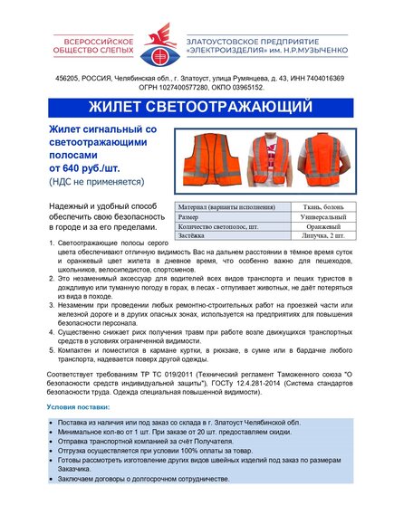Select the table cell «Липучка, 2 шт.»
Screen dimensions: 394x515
click(321, 236)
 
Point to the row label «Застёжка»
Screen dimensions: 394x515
click(193, 236)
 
